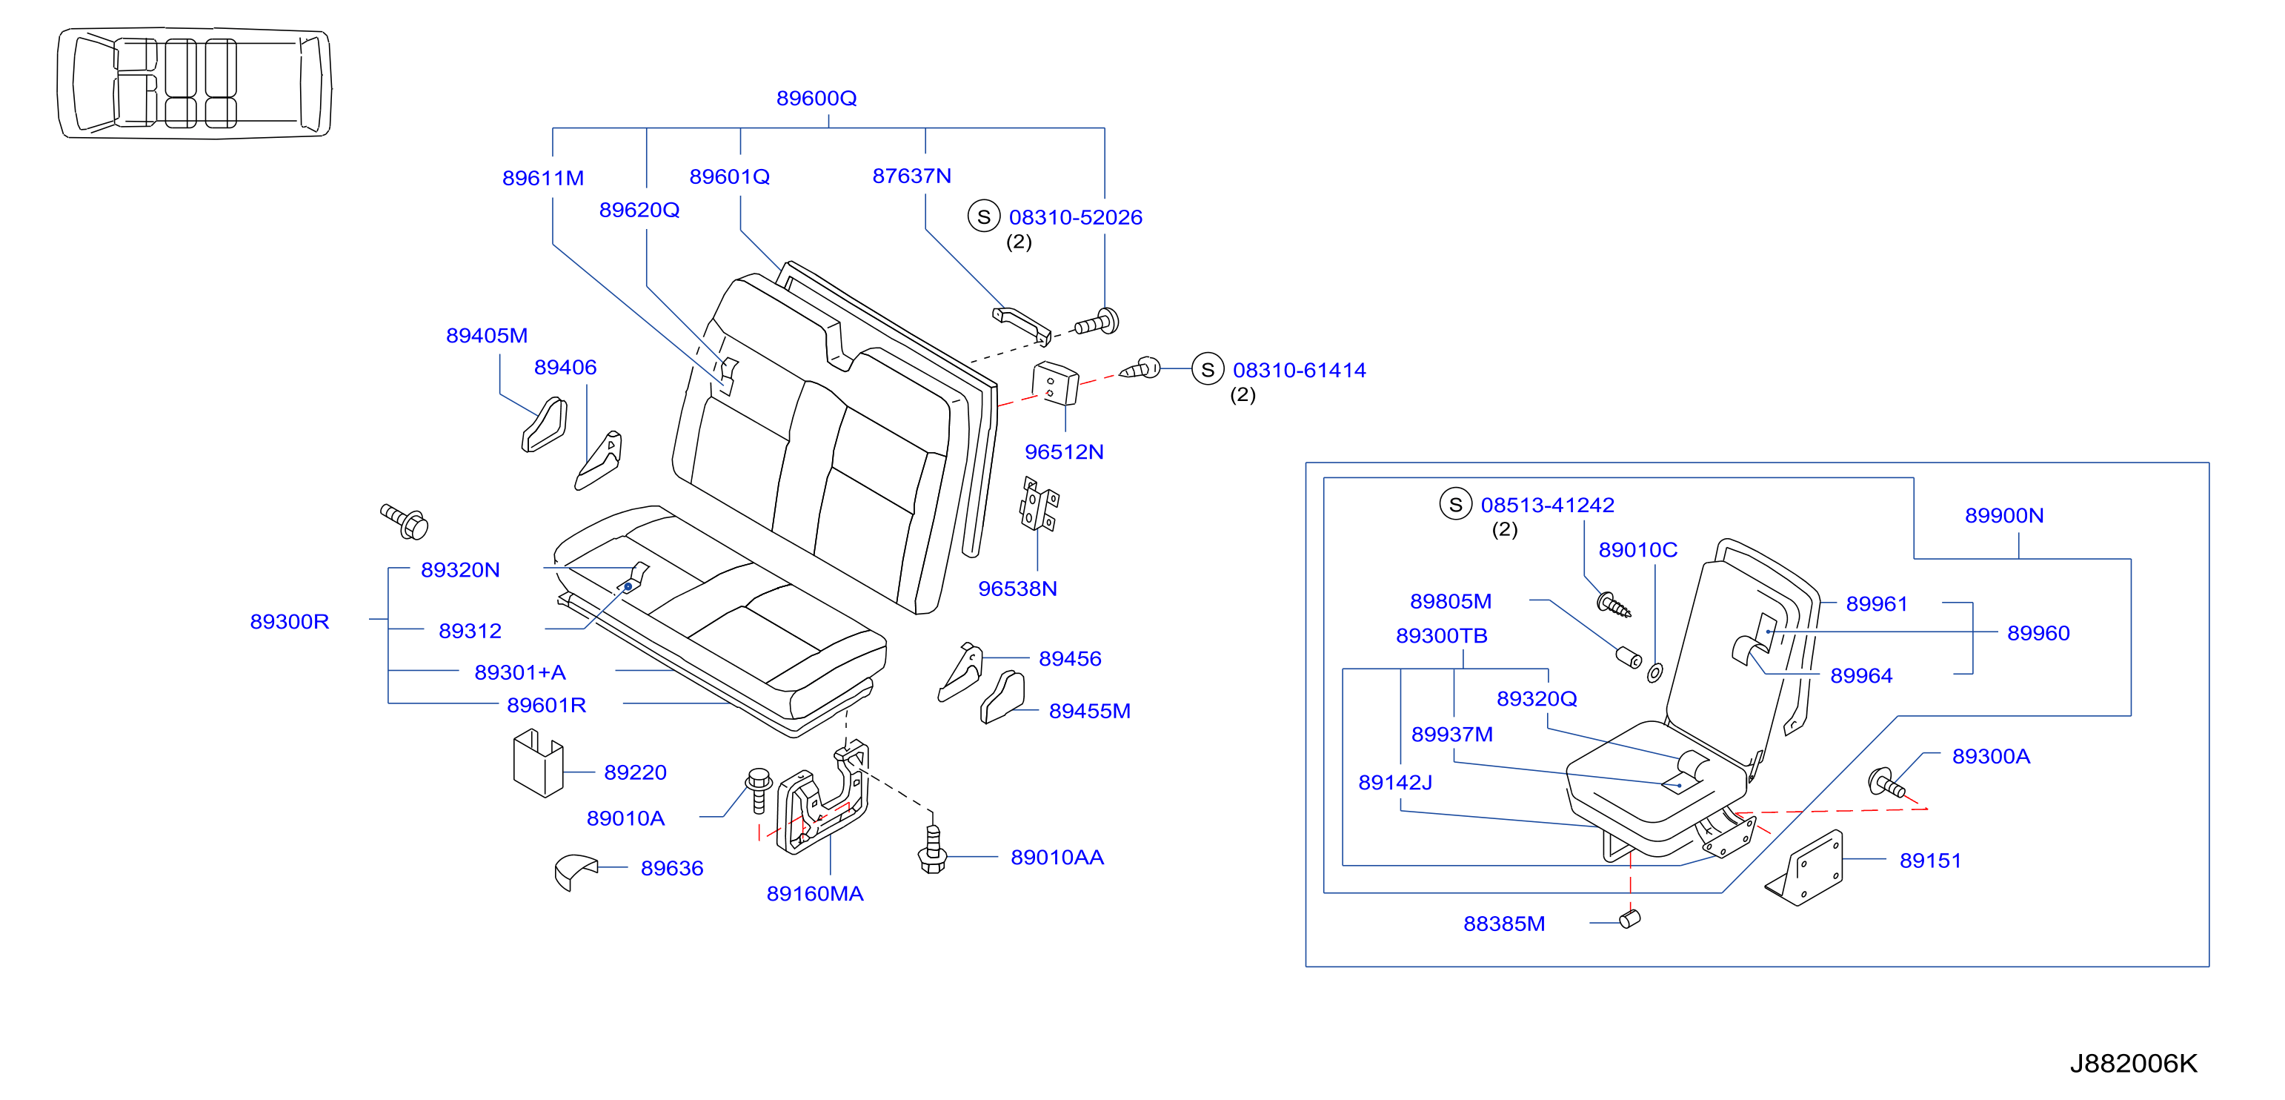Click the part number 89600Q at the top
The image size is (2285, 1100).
816,99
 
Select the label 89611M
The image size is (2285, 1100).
543,179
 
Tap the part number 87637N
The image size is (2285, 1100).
912,176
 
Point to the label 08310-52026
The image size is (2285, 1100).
1075,217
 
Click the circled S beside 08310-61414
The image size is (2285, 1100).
1207,369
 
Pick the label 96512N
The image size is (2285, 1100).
1065,452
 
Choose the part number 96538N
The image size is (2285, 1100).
1017,589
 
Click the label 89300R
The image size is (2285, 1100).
289,622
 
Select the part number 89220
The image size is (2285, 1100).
635,772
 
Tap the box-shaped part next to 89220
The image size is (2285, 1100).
538,763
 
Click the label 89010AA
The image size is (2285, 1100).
1057,858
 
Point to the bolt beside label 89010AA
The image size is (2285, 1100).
932,848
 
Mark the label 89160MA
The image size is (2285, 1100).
815,894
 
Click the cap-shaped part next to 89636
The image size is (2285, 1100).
576,871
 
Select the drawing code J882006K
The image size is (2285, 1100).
2133,1064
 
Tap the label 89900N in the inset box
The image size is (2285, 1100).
2003,517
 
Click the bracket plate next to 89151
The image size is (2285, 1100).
1804,869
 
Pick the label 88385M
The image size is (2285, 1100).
1504,924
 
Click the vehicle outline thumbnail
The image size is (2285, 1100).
194,82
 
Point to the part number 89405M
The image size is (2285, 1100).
487,337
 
